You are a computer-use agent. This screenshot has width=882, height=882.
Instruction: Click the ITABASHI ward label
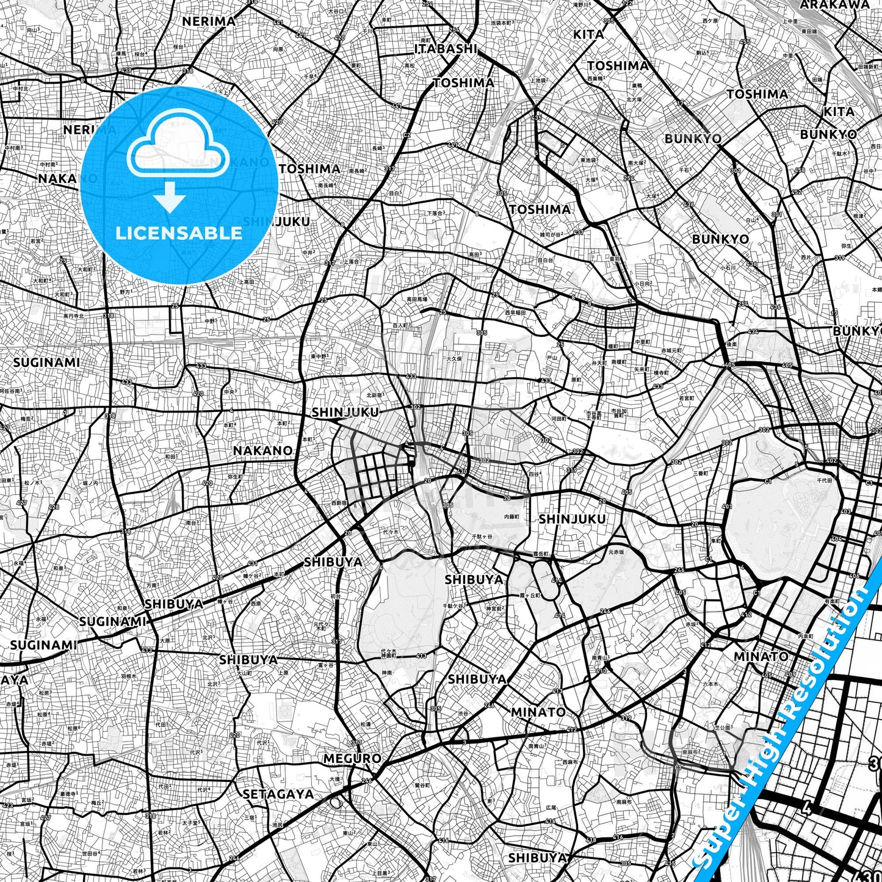coord(446,49)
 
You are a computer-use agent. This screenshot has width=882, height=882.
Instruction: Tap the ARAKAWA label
coord(834,5)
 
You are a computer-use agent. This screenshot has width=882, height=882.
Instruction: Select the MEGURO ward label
coord(352,759)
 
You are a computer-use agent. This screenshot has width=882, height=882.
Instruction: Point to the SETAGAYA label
coord(278,794)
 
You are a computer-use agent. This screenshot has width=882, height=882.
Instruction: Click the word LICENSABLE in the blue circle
coord(179,233)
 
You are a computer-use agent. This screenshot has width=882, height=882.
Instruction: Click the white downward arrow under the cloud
coord(170,197)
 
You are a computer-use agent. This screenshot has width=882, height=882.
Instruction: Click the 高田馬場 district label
coord(417,300)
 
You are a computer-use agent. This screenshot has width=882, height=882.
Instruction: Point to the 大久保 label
coord(454,359)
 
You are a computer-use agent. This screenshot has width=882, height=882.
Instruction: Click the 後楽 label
coord(731,345)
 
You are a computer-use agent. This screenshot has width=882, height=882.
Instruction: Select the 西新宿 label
coord(339,503)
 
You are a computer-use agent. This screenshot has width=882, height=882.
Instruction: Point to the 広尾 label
coord(551,807)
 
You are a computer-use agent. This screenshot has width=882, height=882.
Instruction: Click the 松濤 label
coord(365,725)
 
